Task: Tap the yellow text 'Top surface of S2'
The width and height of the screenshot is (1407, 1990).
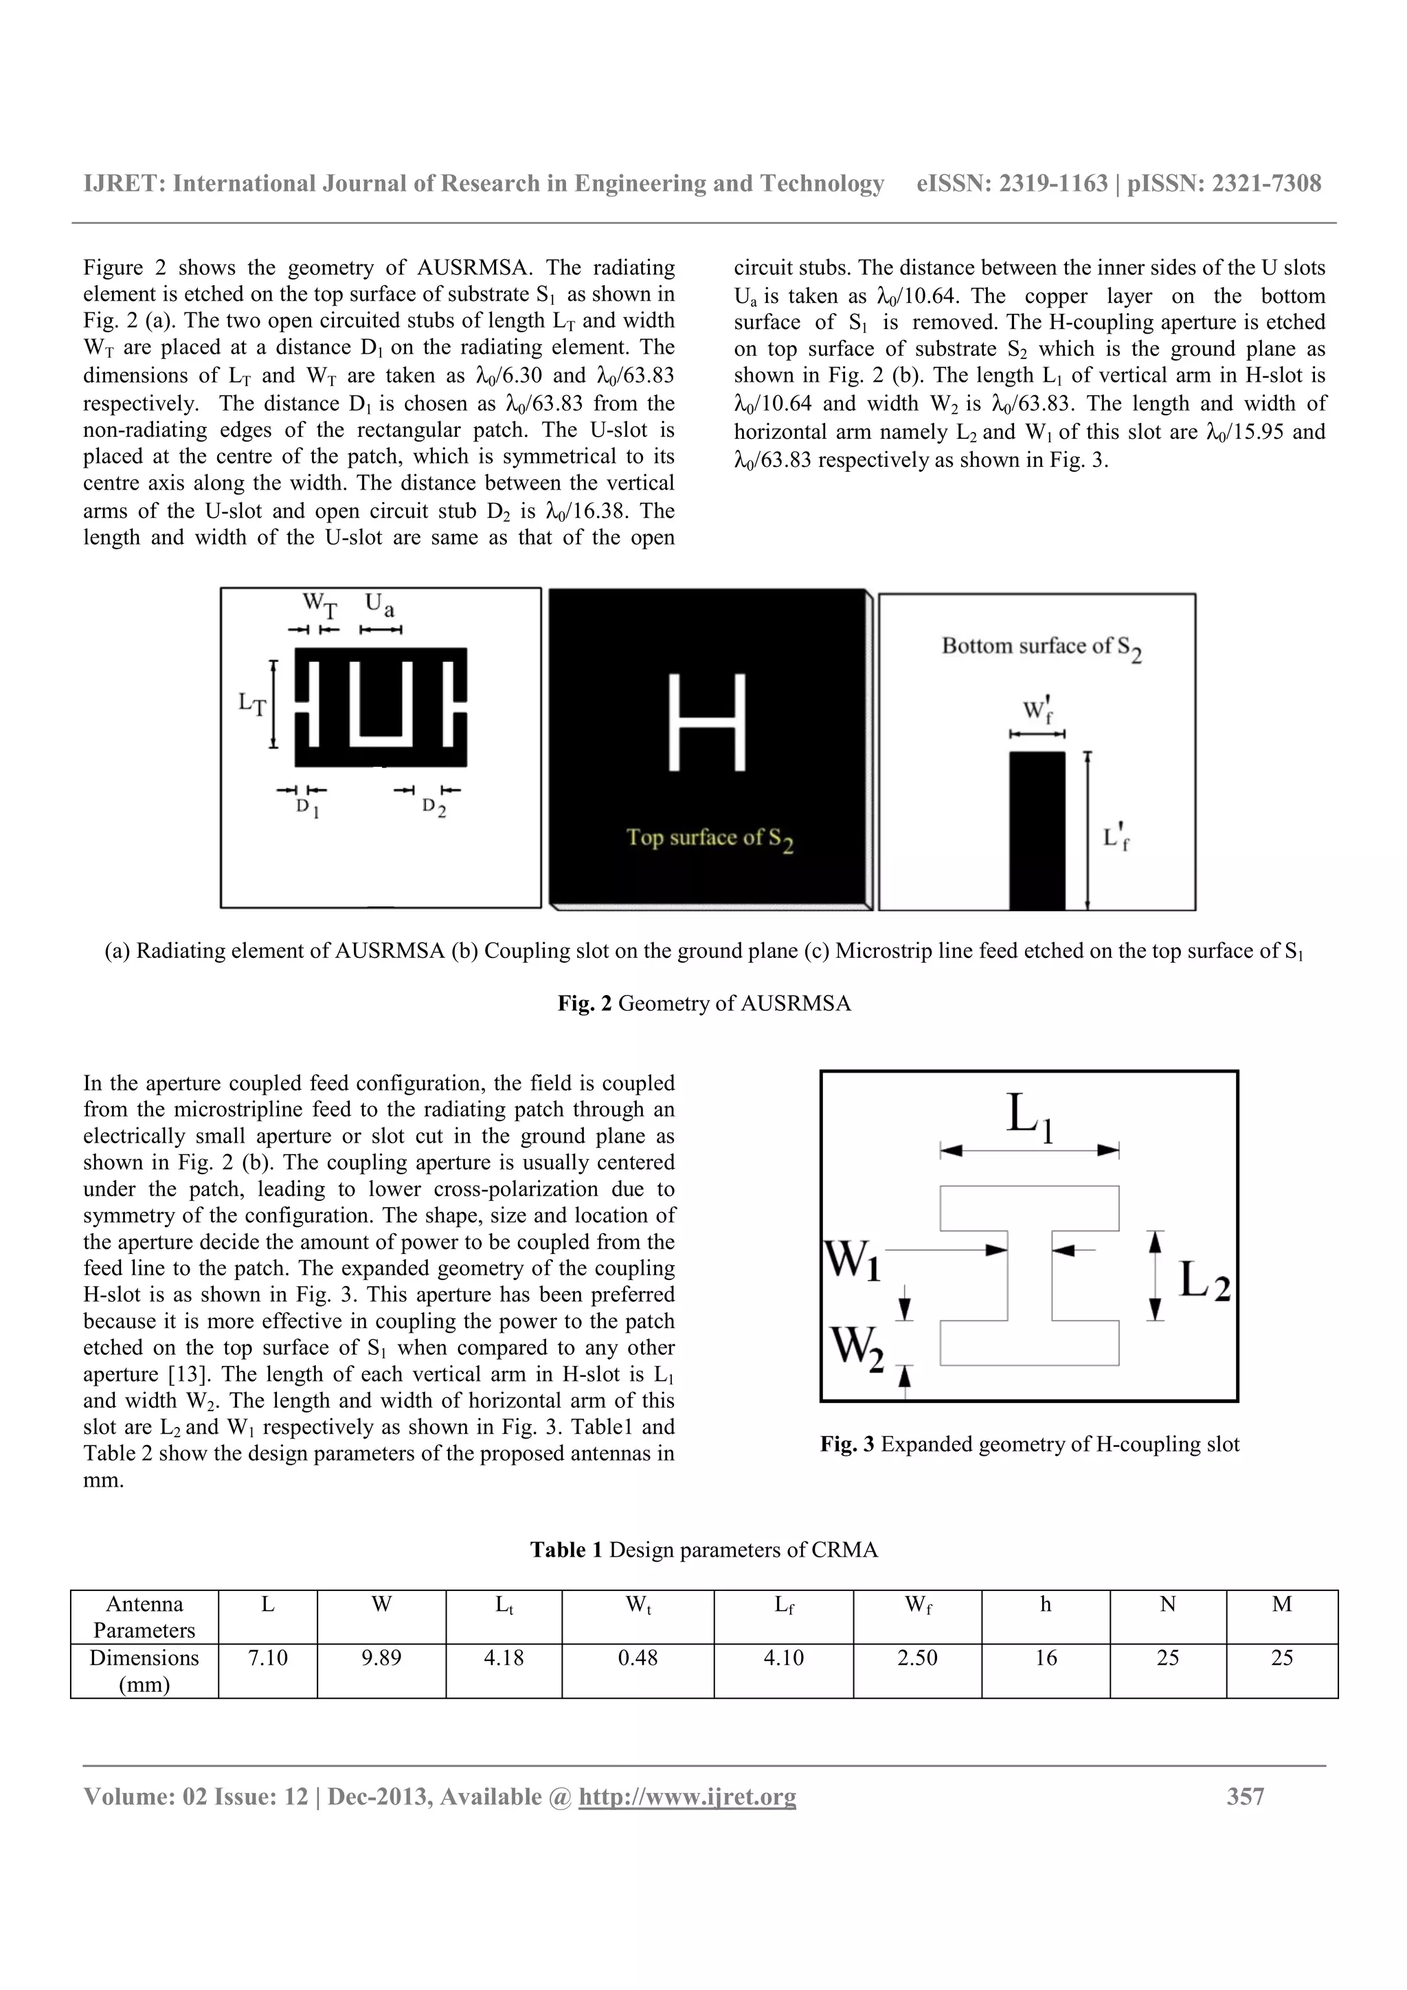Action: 709,839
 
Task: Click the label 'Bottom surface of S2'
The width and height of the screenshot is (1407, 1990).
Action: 1040,648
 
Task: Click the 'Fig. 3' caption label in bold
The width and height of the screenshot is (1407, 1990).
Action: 846,1445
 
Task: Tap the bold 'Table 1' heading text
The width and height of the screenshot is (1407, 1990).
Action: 565,1550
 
